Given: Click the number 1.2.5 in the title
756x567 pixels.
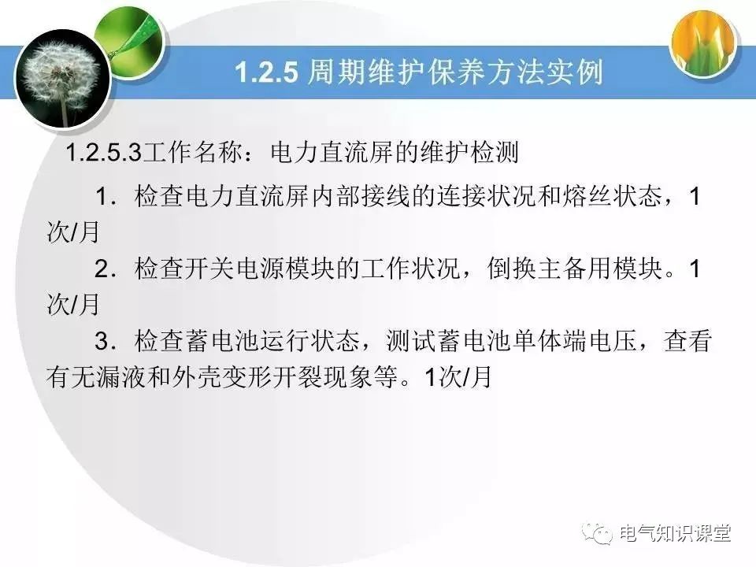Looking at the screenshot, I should coord(267,72).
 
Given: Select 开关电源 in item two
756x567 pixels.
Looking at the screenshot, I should coord(225,269).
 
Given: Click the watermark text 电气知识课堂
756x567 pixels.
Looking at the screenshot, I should coord(675,533).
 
